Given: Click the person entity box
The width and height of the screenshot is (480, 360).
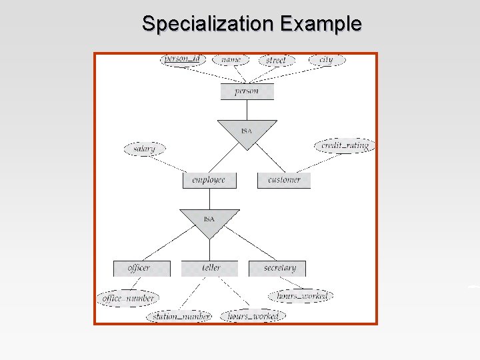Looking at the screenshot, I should [247, 91].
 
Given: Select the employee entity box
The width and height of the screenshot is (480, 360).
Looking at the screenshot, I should [208, 180].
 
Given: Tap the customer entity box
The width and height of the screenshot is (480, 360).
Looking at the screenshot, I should [284, 180].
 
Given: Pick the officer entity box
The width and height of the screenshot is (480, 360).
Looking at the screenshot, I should [139, 268].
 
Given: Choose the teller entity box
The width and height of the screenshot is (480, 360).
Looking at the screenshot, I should [210, 268].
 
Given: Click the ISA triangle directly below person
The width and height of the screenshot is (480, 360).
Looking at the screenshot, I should [247, 132].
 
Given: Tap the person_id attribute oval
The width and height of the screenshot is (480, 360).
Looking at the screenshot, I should [182, 59].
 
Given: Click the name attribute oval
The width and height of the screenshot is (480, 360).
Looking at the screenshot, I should [231, 60].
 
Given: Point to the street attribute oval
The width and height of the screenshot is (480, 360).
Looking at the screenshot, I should [275, 61].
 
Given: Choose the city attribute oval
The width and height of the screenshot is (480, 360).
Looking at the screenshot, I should [326, 60].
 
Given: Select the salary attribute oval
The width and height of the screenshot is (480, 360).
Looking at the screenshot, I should [144, 149].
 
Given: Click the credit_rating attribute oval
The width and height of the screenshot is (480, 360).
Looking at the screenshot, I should [344, 145].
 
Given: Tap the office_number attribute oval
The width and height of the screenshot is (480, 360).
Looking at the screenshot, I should [127, 299].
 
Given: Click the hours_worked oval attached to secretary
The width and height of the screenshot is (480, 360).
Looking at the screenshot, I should [300, 295].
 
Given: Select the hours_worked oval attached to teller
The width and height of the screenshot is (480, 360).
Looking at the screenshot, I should [253, 315].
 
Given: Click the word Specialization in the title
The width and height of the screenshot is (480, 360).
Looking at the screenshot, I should [209, 24].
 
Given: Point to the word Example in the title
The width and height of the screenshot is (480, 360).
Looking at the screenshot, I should [321, 24].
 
